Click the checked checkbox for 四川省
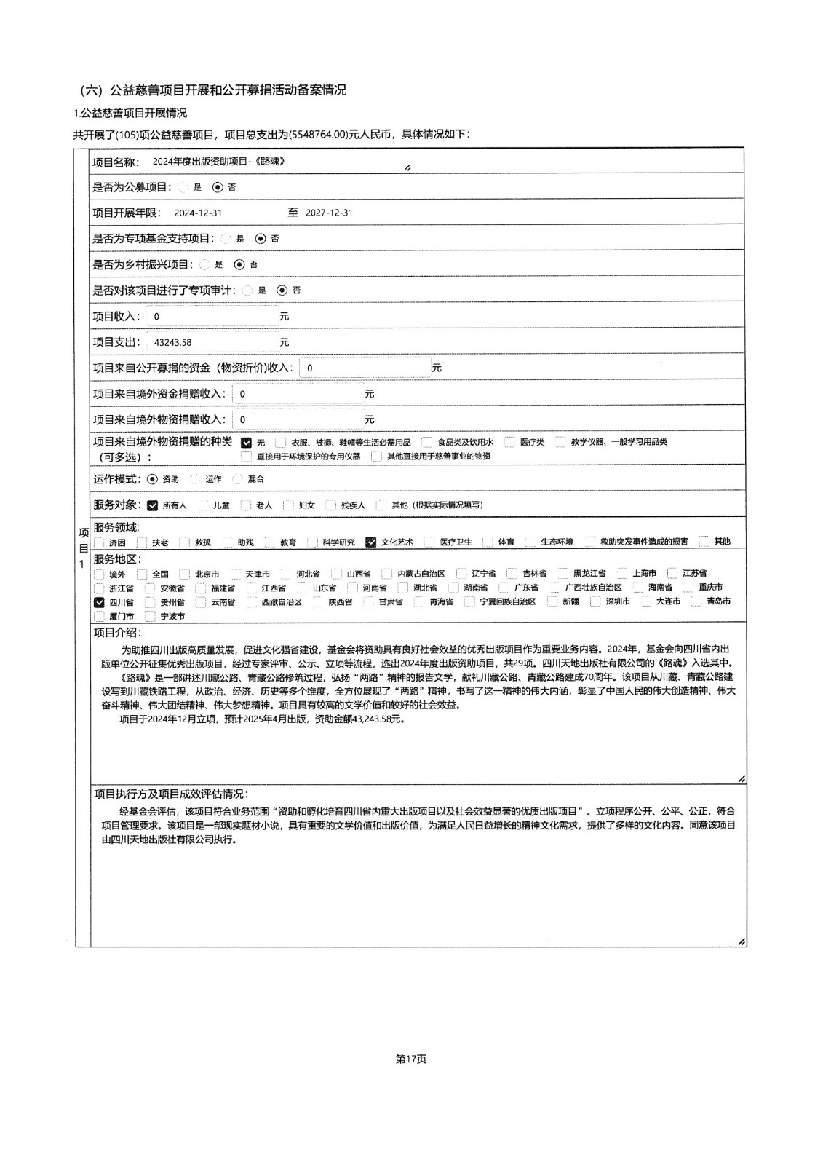99,602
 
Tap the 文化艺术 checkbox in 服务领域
371,542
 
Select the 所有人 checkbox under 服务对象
152,505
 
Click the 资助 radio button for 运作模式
152,479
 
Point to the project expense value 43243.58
173,342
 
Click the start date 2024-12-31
198,213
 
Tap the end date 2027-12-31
329,213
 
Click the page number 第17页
411,1059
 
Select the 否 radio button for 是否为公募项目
217,187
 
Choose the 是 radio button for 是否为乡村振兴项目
204,264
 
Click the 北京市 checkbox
185,574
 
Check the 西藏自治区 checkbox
251,602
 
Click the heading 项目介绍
117,633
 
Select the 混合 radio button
237,479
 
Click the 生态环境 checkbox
530,542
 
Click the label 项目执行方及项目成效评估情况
170,794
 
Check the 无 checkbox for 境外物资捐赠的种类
246,442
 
